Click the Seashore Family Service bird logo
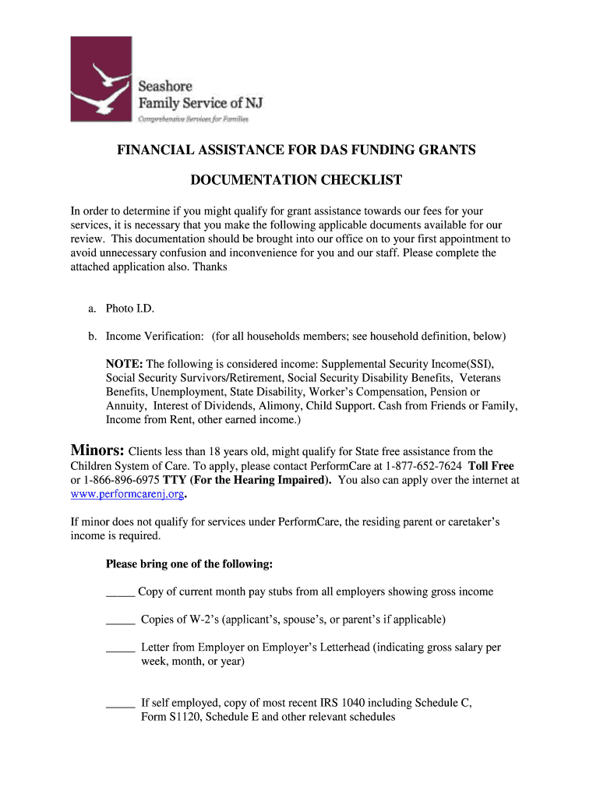(x=102, y=79)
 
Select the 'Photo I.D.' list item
(x=130, y=309)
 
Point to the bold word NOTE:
(x=125, y=364)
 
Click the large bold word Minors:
(x=97, y=451)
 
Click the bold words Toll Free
(x=491, y=466)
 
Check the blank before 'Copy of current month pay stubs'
(x=120, y=592)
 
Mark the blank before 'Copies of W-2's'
(x=120, y=620)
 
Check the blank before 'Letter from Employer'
(x=120, y=648)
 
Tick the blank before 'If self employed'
(x=120, y=703)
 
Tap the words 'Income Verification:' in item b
(x=155, y=336)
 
